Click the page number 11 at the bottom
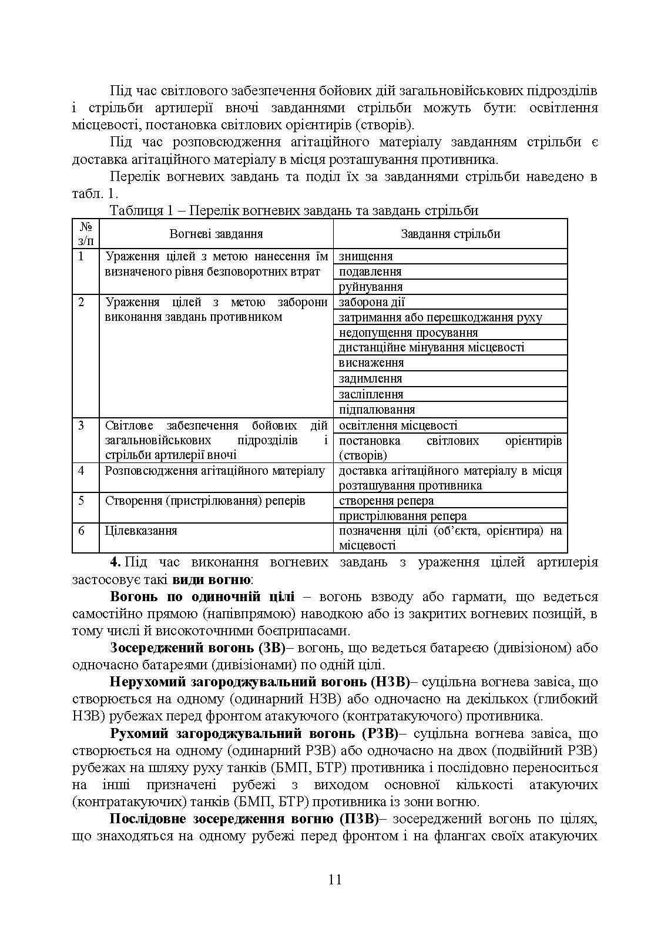tap(335, 880)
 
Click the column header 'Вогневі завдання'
tap(216, 234)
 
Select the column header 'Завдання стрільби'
tap(450, 234)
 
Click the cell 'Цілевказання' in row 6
tap(141, 531)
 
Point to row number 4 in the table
tap(81, 471)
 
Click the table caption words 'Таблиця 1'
tap(136, 210)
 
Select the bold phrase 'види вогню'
tap(212, 579)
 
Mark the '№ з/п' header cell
tap(85, 234)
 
